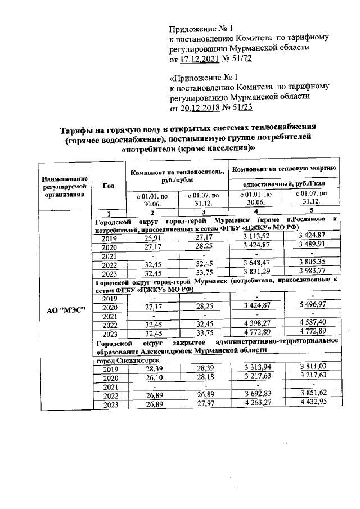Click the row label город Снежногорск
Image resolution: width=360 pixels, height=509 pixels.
coord(124,361)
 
